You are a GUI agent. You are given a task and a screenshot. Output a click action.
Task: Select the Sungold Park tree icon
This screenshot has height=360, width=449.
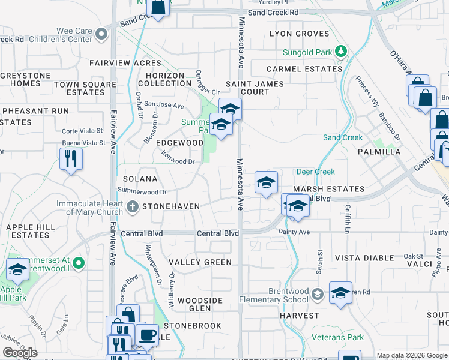(x=341, y=52)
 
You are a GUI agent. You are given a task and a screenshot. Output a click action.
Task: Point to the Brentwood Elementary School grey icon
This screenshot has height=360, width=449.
(x=317, y=294)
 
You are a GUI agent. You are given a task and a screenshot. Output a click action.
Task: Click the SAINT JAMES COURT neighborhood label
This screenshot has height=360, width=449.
(x=255, y=88)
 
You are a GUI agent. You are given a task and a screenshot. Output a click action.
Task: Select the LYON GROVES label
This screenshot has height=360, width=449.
(x=300, y=34)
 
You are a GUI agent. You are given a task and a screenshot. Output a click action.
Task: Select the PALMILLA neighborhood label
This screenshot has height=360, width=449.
(x=379, y=152)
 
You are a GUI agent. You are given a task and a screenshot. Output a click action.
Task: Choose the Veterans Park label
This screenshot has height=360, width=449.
(x=337, y=338)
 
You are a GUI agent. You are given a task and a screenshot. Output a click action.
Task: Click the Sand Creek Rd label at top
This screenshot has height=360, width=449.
(x=273, y=12)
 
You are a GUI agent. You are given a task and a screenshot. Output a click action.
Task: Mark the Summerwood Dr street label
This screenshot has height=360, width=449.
(x=142, y=191)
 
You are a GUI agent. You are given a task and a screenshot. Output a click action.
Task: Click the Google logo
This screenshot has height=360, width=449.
(x=20, y=353)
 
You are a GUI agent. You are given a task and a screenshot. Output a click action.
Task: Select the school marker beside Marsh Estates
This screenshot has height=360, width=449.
(x=265, y=182)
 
